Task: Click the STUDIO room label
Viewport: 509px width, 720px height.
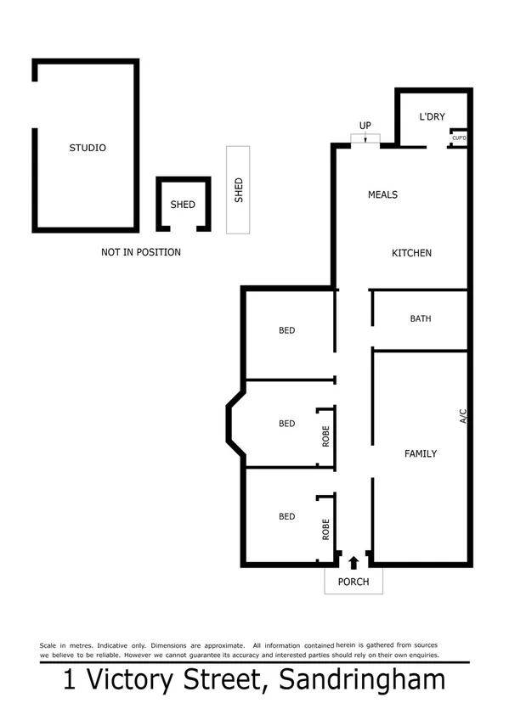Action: coord(88,148)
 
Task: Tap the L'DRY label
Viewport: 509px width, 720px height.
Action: coord(433,117)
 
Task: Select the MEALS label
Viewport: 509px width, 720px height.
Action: coord(382,194)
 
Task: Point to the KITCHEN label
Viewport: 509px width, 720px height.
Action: coord(411,253)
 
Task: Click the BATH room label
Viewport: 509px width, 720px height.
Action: coord(421,319)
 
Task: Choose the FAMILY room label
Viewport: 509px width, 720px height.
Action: coord(420,453)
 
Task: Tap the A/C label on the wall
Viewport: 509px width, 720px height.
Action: coord(463,416)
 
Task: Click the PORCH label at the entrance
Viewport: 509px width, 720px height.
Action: coord(353,582)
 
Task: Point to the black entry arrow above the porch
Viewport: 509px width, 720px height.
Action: coord(353,561)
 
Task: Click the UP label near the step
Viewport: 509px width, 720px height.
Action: coord(365,126)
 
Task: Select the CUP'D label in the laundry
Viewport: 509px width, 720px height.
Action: coord(460,138)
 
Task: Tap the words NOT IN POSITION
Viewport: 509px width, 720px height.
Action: coord(141,252)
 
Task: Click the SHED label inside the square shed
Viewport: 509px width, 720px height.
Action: coord(183,205)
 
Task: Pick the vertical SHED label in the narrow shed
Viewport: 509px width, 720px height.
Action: coord(239,189)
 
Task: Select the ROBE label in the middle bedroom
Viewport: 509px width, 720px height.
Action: coord(325,436)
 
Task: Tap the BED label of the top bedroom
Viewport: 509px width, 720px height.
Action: coord(287,330)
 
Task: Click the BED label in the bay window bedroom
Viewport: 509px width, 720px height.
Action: coord(287,424)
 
